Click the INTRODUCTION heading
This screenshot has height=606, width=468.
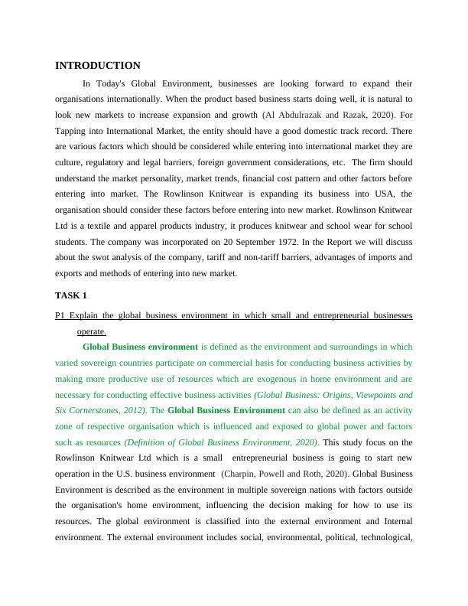point(98,66)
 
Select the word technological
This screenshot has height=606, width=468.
point(385,539)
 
